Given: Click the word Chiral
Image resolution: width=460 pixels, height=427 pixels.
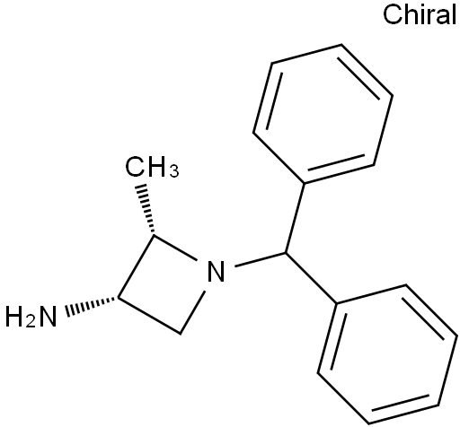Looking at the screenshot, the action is click(420, 14).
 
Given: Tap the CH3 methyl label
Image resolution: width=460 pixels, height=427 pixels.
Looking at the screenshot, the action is click(152, 167).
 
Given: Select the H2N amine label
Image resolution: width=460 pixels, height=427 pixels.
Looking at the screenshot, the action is click(31, 316).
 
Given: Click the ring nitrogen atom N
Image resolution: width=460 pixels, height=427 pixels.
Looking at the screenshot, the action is click(216, 272).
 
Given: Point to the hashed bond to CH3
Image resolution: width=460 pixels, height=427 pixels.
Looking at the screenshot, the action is click(146, 208).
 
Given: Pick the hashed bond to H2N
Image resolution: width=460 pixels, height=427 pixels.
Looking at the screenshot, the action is click(92, 305).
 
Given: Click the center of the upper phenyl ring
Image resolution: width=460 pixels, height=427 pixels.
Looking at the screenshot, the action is click(323, 114).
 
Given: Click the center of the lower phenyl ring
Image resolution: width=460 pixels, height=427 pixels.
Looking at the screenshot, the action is click(387, 354).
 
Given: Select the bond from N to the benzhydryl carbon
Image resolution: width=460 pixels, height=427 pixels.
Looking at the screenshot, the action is click(260, 259).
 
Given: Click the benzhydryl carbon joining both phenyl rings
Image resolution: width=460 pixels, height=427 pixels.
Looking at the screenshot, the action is click(285, 253).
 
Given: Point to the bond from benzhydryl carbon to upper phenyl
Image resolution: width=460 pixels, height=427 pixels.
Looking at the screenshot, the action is click(295, 218).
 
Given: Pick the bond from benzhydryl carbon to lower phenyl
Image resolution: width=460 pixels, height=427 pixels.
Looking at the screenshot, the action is click(311, 279).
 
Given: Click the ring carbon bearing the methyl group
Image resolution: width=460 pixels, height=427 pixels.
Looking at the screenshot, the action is click(154, 235).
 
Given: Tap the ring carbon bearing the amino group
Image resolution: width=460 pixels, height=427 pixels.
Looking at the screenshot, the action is click(119, 298).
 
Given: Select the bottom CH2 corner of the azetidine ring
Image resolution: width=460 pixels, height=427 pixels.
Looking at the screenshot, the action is click(181, 334).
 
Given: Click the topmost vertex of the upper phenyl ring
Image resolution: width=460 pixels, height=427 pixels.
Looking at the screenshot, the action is click(341, 45).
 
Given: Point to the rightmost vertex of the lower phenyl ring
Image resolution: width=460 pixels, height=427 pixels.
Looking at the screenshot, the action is click(457, 336).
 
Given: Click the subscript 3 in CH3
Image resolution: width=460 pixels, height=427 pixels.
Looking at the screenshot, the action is click(174, 171).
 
